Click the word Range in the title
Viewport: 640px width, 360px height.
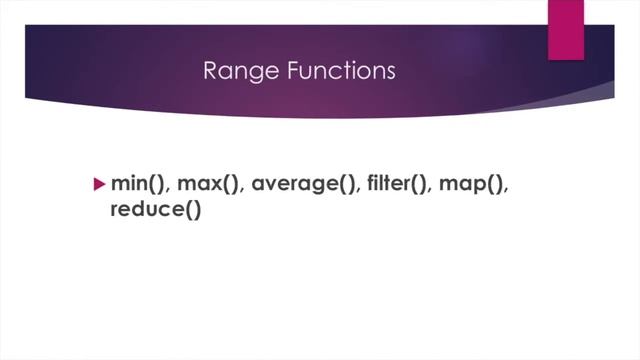230,71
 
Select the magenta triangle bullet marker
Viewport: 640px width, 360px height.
98,184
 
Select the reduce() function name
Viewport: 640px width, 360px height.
155,211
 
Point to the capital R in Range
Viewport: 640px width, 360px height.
209,71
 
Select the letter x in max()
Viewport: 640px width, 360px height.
214,186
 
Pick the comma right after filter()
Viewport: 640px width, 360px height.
436,191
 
